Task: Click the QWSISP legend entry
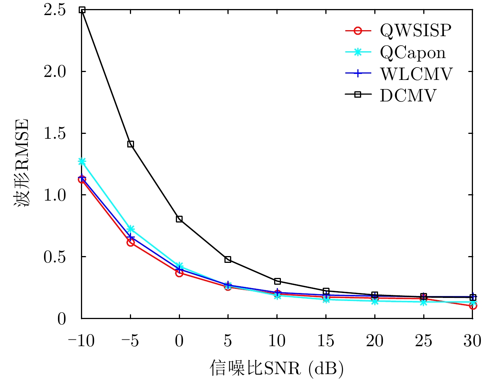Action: point(415,31)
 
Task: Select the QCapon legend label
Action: point(413,52)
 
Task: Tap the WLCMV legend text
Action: point(416,74)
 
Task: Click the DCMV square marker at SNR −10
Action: point(82,10)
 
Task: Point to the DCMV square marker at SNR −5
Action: point(131,144)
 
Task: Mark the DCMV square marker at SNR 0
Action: point(179,219)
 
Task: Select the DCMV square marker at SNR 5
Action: point(228,259)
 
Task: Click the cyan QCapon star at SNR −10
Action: point(82,161)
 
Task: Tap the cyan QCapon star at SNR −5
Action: point(131,229)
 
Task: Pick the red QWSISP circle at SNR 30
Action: point(473,305)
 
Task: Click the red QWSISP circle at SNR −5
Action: point(131,242)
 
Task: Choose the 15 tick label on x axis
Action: point(326,341)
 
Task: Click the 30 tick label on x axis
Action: point(472,341)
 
